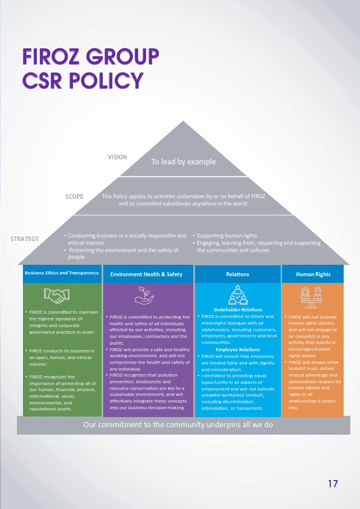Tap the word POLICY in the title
click(106, 80)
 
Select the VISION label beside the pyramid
click(117, 157)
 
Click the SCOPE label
click(74, 196)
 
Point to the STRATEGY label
click(25, 239)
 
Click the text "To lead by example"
click(184, 161)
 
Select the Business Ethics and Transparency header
click(62, 273)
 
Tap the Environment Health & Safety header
click(146, 274)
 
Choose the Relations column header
click(237, 274)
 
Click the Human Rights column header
click(313, 274)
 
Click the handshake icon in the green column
click(57, 296)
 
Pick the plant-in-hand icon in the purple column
click(144, 296)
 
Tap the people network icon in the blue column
click(238, 295)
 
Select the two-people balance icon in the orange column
click(312, 297)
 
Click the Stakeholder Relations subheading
click(238, 310)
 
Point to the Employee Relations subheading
click(238, 349)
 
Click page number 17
click(333, 484)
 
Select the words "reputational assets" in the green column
click(51, 409)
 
